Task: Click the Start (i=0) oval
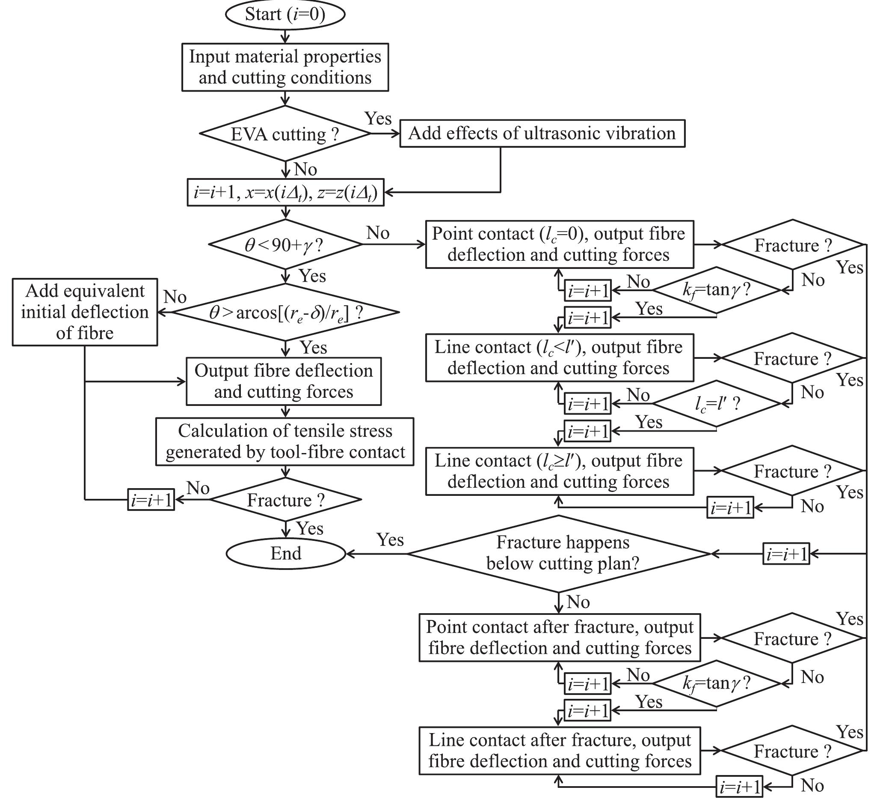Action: pos(285,15)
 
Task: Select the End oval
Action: pos(286,554)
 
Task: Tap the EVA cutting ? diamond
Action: pos(285,134)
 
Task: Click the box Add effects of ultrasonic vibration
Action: pos(542,133)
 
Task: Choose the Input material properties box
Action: pos(285,67)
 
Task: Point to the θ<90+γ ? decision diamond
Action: pos(285,245)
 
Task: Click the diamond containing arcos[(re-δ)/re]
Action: pos(286,312)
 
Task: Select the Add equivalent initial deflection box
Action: pos(85,312)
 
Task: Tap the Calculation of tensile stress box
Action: pos(285,441)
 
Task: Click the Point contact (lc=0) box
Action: pos(559,244)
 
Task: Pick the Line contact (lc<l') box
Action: pos(559,358)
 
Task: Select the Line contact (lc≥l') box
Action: pos(559,471)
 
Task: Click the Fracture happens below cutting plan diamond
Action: pos(559,554)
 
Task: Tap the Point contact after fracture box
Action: pos(559,638)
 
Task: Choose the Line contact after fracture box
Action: pos(559,751)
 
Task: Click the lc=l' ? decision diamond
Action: pos(717,403)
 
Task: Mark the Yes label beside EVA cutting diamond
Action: pos(378,119)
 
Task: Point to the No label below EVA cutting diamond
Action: pos(305,170)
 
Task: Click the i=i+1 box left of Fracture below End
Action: pos(151,500)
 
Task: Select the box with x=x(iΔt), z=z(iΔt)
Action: pos(285,192)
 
